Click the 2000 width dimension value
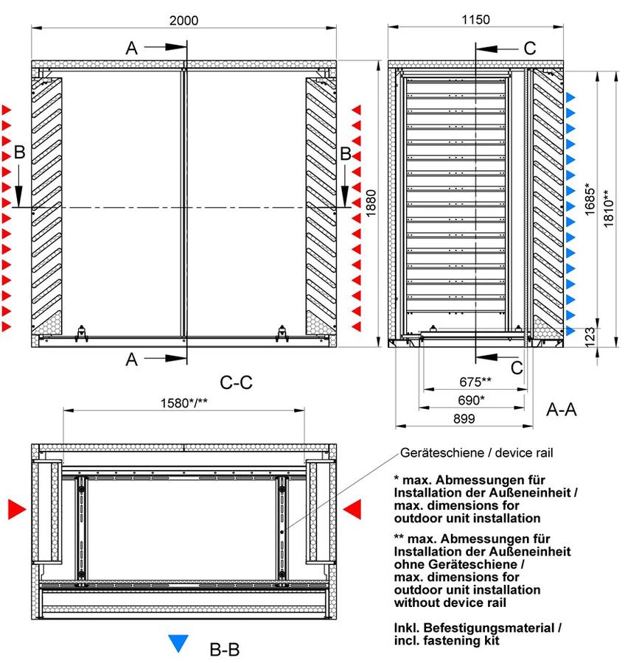coord(184,21)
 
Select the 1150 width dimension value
coord(475,19)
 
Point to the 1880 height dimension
coord(371,203)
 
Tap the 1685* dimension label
coord(590,199)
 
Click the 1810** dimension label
coord(608,208)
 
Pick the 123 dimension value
coord(590,337)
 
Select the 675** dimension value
coord(475,382)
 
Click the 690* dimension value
coord(471,399)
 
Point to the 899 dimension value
coord(464,418)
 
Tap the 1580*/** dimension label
coord(184,402)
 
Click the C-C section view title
coord(236,382)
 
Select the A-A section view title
coord(561,410)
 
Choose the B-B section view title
coord(224,650)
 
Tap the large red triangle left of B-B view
coord(17,509)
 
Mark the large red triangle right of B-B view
coord(352,509)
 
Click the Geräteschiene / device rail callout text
coord(476,453)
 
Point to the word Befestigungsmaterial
coord(489,628)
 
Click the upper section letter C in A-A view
coord(529,48)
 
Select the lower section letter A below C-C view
coord(132,359)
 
